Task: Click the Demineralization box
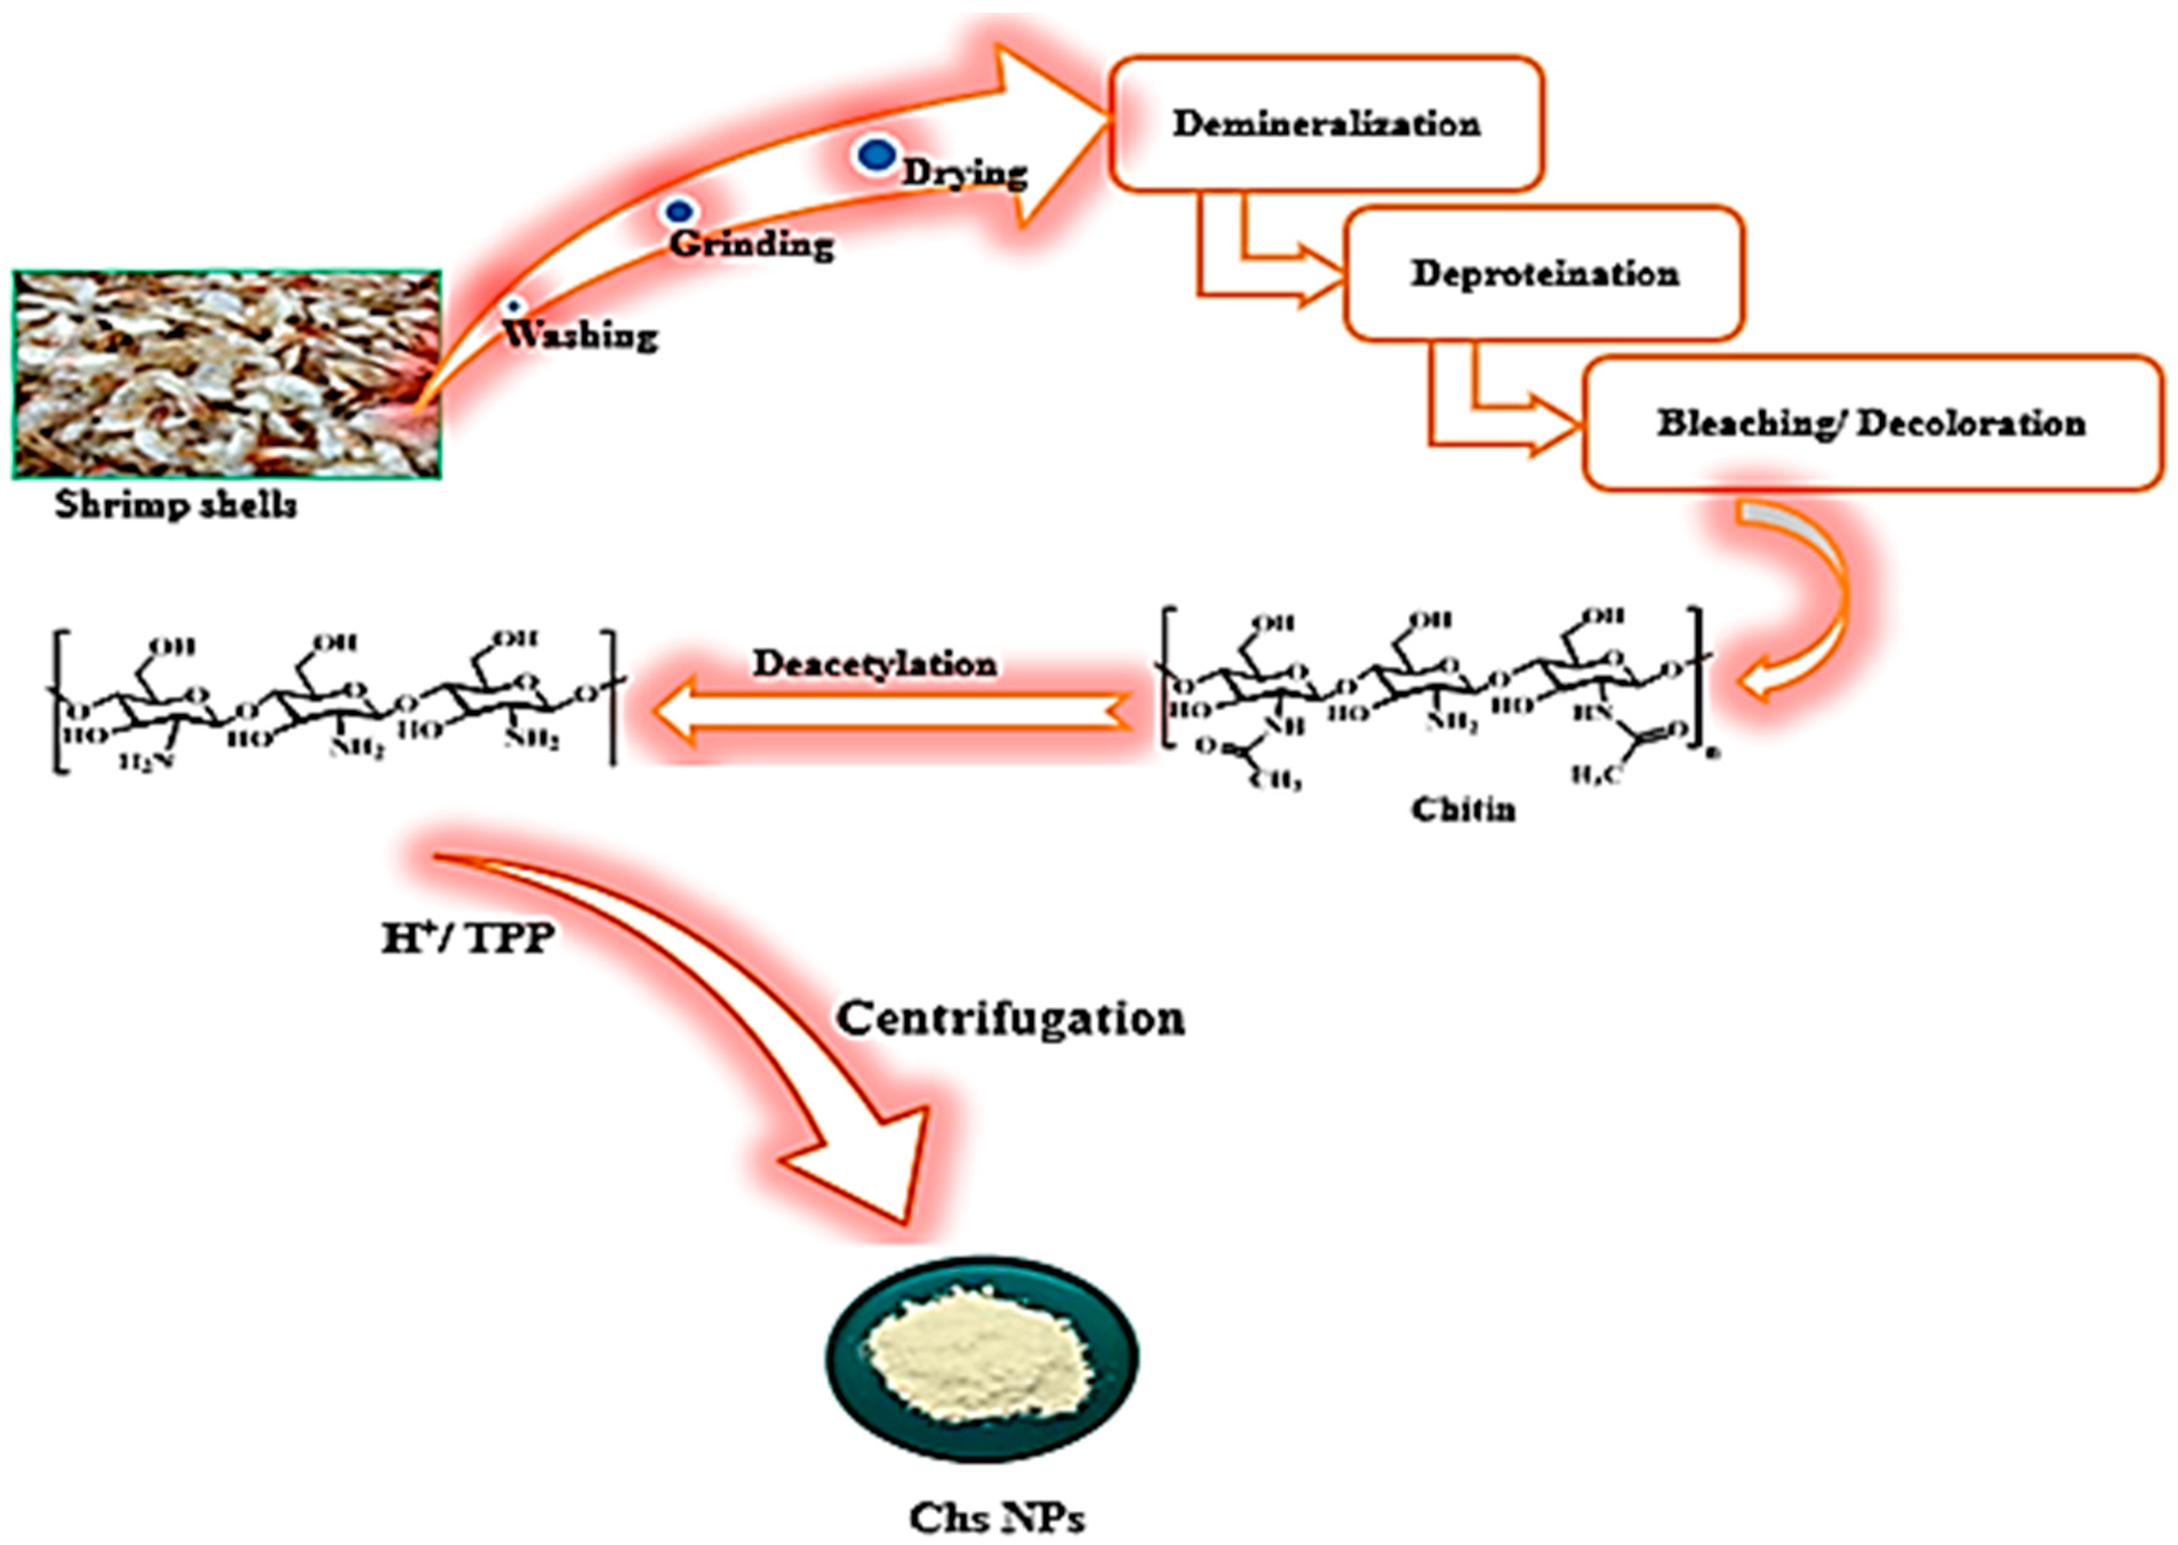pos(1326,124)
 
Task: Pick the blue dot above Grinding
pos(678,211)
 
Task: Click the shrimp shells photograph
pos(226,373)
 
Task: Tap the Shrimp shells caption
pos(175,504)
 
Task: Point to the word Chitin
pos(1463,809)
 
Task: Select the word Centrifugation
pos(1010,1018)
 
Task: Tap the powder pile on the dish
pos(980,1352)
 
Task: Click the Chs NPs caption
pos(996,1516)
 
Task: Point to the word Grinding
pos(751,244)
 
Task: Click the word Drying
pos(964,173)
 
